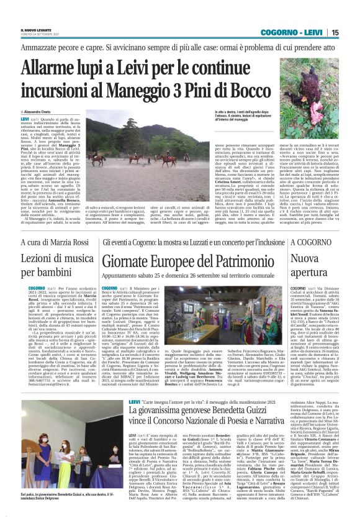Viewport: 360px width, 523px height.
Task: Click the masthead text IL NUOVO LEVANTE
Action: pyautogui.click(x=29, y=29)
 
